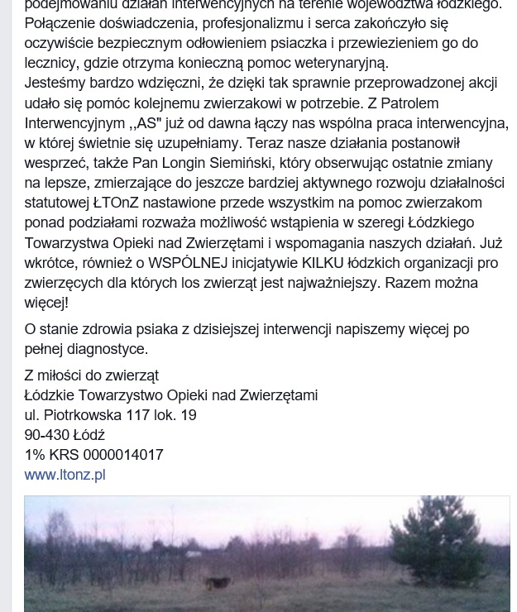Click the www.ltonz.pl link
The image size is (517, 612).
65,475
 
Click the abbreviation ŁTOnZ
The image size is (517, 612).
116,203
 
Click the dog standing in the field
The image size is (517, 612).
218,584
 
